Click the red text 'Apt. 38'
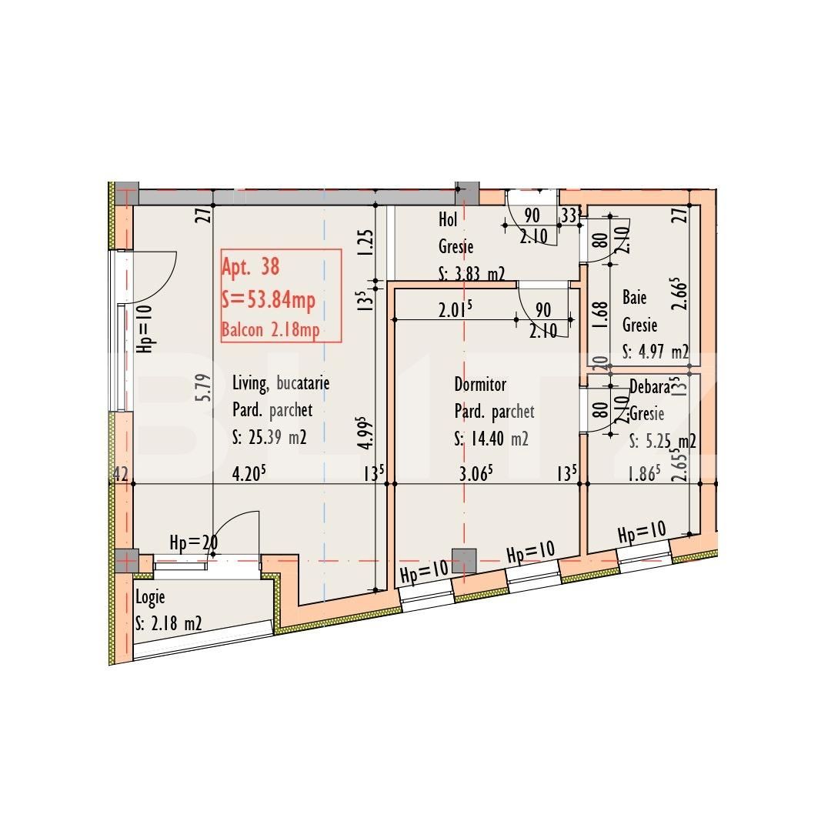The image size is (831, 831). pos(250,267)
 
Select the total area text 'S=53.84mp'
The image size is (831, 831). pos(268,300)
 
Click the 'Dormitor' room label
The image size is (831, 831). pos(480,384)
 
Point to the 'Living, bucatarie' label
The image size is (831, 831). pos(281,382)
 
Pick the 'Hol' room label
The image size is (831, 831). pos(448,220)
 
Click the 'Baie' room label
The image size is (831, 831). pos(634,298)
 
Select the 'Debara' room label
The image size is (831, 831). pos(649,388)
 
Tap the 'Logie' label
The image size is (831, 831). pos(150,596)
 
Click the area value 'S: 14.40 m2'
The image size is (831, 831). pos(491,439)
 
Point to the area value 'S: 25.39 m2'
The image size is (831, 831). pos(269,438)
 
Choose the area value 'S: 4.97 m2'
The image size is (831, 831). pos(656,352)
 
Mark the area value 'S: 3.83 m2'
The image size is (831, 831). pos(471,273)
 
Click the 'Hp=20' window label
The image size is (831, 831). pos(193,543)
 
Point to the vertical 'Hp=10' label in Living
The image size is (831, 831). pos(145,329)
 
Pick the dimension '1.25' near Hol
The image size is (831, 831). pos(366,243)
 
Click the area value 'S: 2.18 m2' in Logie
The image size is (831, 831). pos(168,623)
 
